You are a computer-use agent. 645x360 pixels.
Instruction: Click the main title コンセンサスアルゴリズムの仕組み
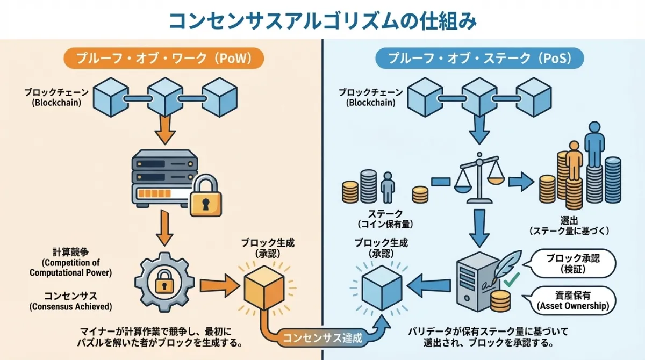click(x=322, y=20)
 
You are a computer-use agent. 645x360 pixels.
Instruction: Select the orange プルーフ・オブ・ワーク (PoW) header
click(x=164, y=58)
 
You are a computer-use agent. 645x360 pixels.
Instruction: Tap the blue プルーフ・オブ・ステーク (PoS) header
click(x=479, y=58)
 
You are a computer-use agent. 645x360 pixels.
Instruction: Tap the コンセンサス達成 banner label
click(x=322, y=339)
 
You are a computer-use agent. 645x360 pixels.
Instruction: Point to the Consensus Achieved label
click(x=70, y=307)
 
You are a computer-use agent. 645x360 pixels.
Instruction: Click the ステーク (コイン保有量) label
click(x=383, y=218)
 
